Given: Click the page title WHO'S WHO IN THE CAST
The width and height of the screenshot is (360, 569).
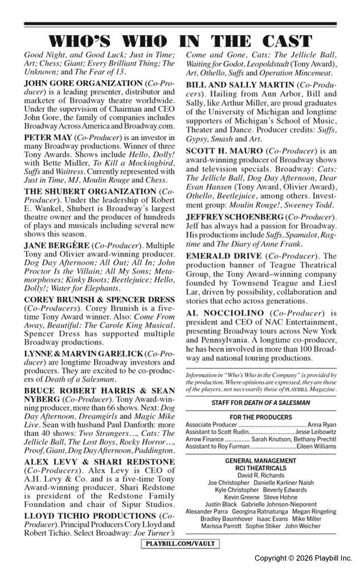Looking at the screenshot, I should tap(180, 41).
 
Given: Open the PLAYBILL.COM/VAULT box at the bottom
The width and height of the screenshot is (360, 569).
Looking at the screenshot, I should tap(180, 544).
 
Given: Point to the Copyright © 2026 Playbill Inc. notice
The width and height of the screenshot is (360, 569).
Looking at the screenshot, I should tap(303, 558).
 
